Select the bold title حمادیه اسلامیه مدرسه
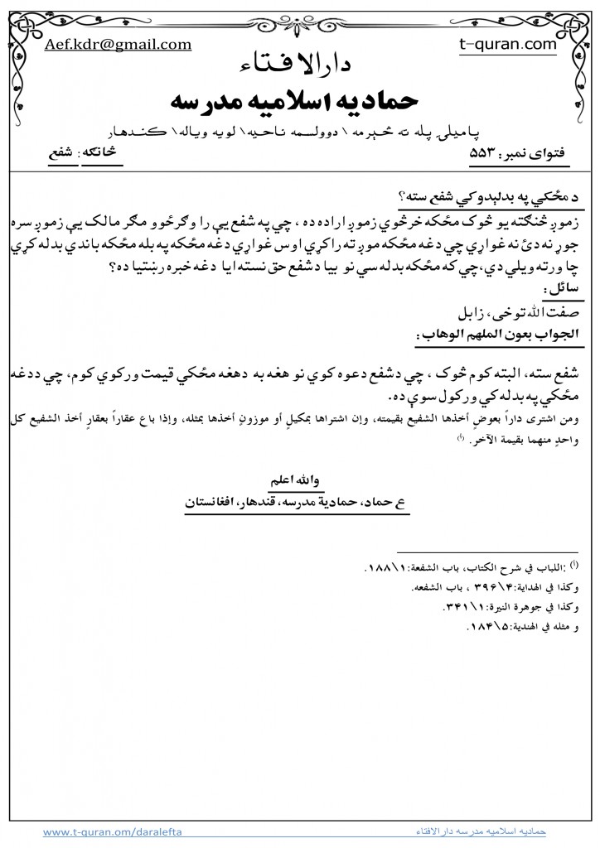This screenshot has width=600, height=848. (301, 102)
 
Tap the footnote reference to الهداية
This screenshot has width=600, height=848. (506, 590)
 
